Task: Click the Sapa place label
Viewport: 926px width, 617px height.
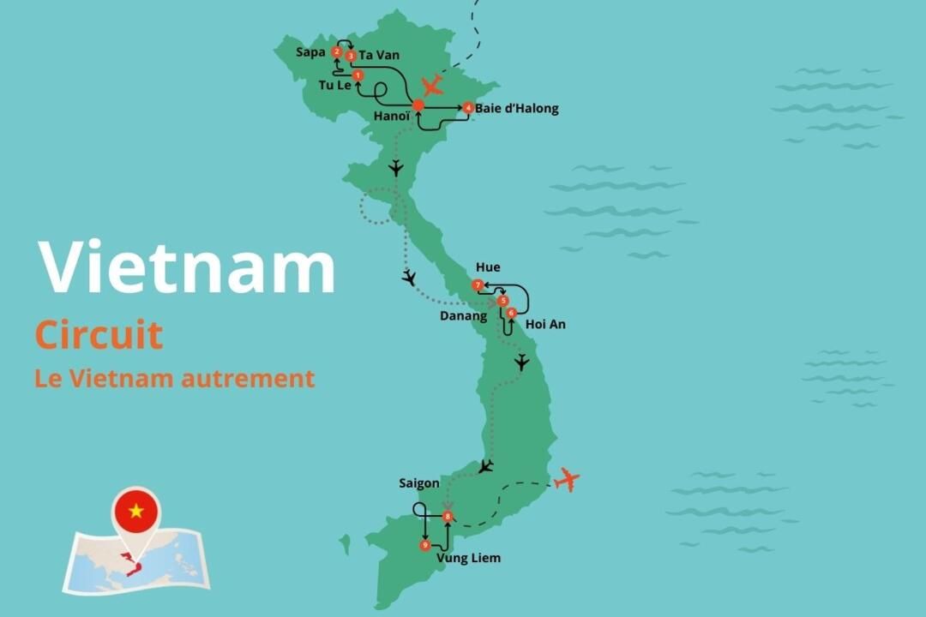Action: (x=310, y=52)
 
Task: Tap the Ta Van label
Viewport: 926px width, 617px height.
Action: (x=379, y=56)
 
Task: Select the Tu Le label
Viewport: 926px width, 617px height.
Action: (x=334, y=86)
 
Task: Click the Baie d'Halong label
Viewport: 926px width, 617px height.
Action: (x=517, y=109)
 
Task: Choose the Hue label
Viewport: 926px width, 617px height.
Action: (x=488, y=267)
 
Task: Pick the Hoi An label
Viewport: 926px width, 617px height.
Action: (x=545, y=325)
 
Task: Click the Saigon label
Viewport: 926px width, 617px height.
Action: (x=419, y=483)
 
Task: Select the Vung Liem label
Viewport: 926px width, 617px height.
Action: (x=468, y=559)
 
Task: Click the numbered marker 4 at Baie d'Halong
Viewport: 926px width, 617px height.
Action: (x=468, y=108)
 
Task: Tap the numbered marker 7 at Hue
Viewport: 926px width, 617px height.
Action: (x=478, y=285)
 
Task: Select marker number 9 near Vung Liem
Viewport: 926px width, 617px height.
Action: (x=425, y=545)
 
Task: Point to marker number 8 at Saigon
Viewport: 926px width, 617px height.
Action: (x=448, y=517)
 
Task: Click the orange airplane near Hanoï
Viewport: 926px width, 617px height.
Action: (x=433, y=86)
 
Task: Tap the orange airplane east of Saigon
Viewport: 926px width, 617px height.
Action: (x=566, y=479)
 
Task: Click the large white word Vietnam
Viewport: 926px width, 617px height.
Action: (x=187, y=268)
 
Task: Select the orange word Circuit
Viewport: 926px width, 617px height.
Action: (x=99, y=335)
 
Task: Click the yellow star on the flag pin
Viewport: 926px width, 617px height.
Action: (x=135, y=512)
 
